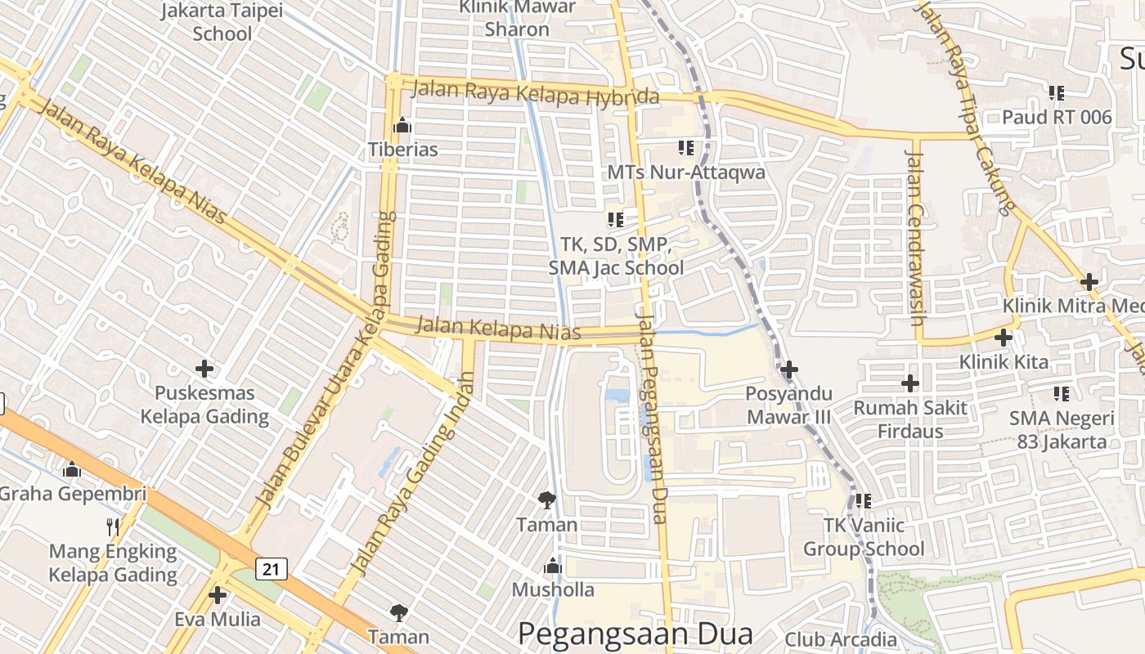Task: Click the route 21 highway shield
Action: click(x=272, y=568)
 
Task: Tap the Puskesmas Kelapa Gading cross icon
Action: click(x=204, y=369)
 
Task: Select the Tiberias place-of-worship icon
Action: click(x=402, y=126)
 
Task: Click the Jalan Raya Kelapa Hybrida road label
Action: click(x=535, y=92)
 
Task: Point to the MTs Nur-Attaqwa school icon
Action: click(x=685, y=148)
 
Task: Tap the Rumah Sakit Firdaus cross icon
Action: click(x=909, y=383)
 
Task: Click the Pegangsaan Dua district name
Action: click(x=635, y=634)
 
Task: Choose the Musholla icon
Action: click(x=553, y=566)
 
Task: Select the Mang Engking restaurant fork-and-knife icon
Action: click(x=113, y=527)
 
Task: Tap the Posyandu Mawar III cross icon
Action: click(x=788, y=370)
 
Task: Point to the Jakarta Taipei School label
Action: click(x=222, y=22)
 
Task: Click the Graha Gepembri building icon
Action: click(x=72, y=470)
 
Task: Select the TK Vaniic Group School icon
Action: click(x=864, y=501)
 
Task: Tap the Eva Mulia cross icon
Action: click(x=218, y=594)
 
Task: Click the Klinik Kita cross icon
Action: click(x=1003, y=337)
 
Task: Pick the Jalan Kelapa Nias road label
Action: click(x=498, y=329)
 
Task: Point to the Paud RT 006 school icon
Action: click(x=1057, y=93)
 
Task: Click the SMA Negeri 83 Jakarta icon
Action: click(x=1062, y=394)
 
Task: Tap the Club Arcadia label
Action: click(x=841, y=638)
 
